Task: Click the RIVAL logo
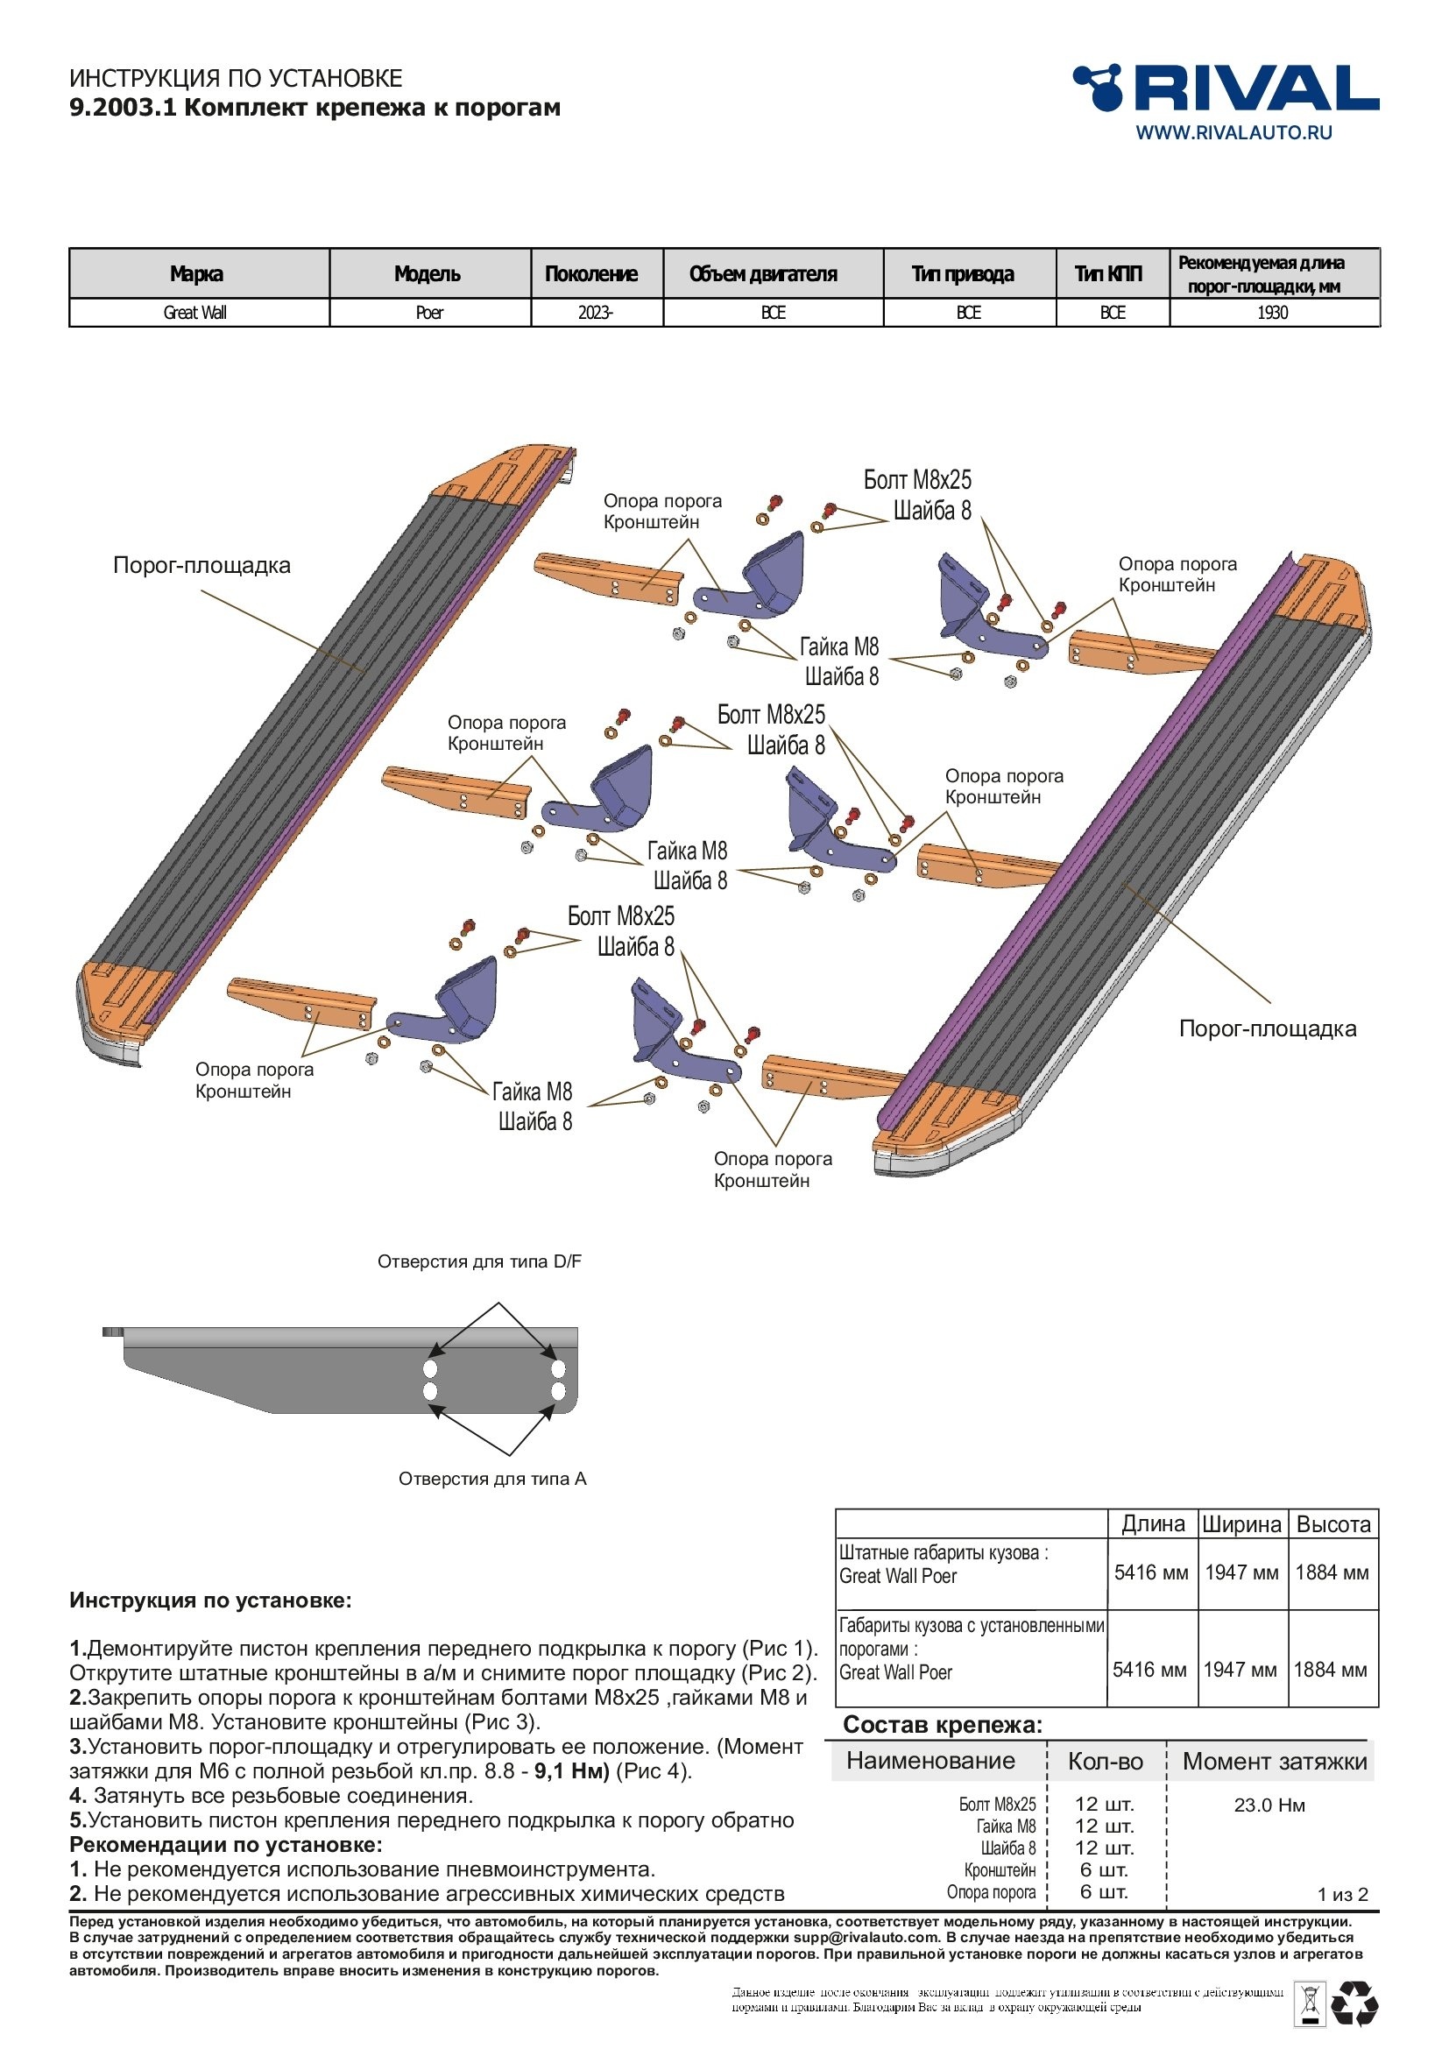(x=1225, y=88)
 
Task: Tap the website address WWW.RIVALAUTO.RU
(x=1233, y=132)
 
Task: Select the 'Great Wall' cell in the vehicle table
(x=195, y=313)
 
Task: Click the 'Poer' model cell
(x=429, y=313)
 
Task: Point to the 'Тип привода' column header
(x=963, y=274)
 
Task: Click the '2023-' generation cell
(x=596, y=313)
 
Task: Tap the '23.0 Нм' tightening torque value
(x=1269, y=1805)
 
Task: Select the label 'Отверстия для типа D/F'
(x=479, y=1261)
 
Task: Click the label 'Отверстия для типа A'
(x=491, y=1479)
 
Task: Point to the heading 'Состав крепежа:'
(x=943, y=1724)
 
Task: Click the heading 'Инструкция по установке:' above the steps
(x=210, y=1600)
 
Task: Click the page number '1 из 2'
(x=1342, y=1894)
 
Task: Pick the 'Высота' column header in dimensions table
(x=1333, y=1524)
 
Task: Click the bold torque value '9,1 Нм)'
(x=572, y=1770)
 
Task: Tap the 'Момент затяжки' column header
(x=1274, y=1761)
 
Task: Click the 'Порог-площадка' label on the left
(x=201, y=565)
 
